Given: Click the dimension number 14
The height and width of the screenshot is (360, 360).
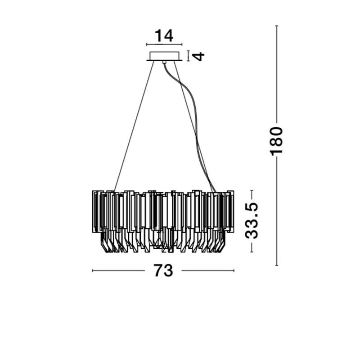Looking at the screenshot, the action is [x=164, y=36].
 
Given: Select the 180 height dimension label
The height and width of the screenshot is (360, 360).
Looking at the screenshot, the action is [x=276, y=141].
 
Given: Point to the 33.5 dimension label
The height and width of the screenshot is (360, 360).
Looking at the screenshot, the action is [x=252, y=221].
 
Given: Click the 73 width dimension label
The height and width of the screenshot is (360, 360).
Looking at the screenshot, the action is [x=163, y=270].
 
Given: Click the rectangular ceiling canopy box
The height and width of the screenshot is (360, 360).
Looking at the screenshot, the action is [x=164, y=56].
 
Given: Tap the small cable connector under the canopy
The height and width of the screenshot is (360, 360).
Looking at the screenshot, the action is [x=164, y=62].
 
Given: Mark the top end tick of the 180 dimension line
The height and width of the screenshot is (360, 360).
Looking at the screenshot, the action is [x=277, y=26].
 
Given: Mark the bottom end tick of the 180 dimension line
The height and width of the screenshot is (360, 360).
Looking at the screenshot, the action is [x=277, y=265].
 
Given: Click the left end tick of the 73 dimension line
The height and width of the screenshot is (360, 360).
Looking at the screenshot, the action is [x=92, y=271].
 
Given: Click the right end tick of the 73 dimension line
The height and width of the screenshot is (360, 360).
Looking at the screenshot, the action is [x=234, y=271].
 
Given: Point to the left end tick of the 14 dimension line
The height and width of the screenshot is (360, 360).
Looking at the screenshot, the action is [x=147, y=44].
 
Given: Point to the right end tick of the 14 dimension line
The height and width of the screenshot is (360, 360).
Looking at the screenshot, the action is [x=182, y=44].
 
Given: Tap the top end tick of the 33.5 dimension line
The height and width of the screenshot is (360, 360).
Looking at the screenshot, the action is [x=252, y=190].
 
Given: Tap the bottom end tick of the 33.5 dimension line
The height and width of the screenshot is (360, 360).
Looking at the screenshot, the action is [x=252, y=252].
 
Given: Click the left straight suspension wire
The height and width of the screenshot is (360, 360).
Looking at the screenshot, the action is [x=134, y=126].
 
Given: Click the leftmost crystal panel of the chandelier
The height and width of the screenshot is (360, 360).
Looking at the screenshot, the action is [x=96, y=211].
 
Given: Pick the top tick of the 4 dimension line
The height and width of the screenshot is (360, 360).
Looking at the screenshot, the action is [x=189, y=51].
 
